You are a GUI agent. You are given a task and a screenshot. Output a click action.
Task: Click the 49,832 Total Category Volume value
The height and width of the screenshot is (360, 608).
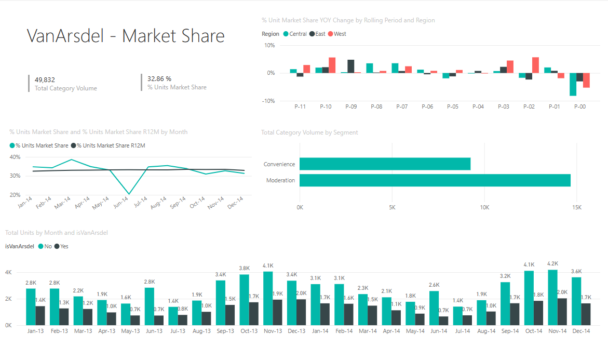pos(45,79)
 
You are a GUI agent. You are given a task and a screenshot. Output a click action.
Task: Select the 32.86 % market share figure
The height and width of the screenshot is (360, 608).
pos(159,79)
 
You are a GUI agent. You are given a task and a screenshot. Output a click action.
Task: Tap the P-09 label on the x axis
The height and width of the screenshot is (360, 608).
pos(351,106)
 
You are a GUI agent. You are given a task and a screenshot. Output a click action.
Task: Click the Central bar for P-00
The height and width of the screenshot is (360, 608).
pos(573,84)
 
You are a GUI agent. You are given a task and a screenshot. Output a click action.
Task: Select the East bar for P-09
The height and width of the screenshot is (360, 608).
pos(351,66)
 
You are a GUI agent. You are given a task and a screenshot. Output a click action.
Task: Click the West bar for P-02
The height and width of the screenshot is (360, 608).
pos(535,65)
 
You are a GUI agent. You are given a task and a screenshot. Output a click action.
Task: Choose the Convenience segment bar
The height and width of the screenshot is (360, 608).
pos(385,164)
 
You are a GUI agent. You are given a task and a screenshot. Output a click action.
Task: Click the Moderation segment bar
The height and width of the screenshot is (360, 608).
pos(435,180)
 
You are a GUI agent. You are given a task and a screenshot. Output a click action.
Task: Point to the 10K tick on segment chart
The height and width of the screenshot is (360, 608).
pos(484,207)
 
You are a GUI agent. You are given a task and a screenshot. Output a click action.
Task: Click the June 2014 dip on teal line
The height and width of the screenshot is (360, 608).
pos(129,194)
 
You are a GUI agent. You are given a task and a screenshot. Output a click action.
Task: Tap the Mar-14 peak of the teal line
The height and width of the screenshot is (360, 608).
pos(72,159)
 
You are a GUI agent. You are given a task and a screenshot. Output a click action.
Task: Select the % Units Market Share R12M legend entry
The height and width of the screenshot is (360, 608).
pos(111,145)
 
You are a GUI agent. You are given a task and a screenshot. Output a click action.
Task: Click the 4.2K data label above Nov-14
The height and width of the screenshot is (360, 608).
pos(552,263)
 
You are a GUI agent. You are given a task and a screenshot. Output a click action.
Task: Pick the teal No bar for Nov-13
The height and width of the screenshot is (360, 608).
pos(268,298)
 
